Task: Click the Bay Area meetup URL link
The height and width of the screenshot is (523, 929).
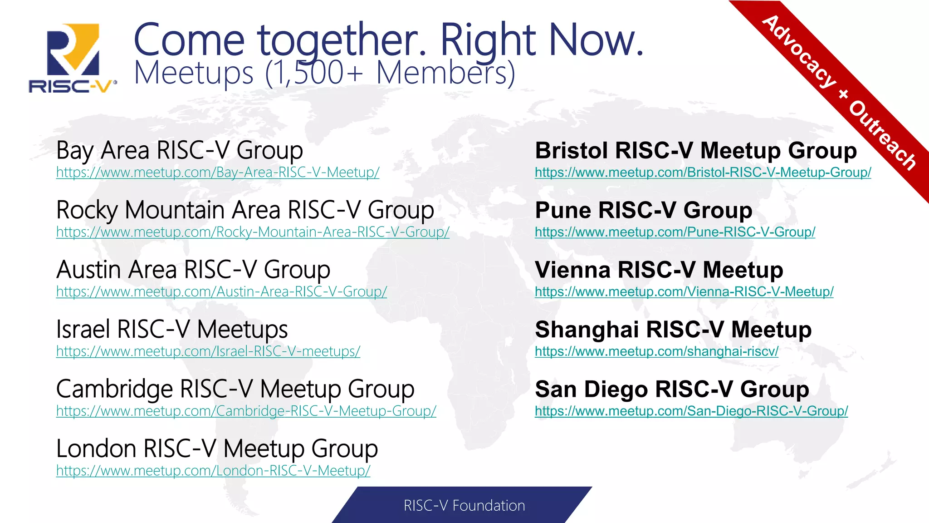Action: coord(218,173)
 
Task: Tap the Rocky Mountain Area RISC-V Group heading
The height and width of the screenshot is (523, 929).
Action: coord(245,210)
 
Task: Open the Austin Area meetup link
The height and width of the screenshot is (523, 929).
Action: coord(221,292)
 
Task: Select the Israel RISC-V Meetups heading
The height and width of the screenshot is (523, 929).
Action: coord(172,330)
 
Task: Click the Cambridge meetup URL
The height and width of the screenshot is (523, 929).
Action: coord(246,411)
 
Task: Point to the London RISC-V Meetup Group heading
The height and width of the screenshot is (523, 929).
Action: coord(217,449)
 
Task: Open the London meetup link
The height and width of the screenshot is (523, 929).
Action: coord(213,471)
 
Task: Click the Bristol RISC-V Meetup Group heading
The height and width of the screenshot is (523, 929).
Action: coord(696,151)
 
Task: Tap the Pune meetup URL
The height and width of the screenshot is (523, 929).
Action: coord(675,232)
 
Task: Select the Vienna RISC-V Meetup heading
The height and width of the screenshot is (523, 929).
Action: coord(659,270)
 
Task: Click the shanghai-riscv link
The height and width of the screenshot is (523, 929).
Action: coord(656,351)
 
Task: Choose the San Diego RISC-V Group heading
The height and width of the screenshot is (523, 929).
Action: coord(672,390)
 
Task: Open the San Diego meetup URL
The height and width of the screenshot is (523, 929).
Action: coord(691,411)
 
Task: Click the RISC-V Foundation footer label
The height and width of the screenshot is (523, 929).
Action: coord(464,506)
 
